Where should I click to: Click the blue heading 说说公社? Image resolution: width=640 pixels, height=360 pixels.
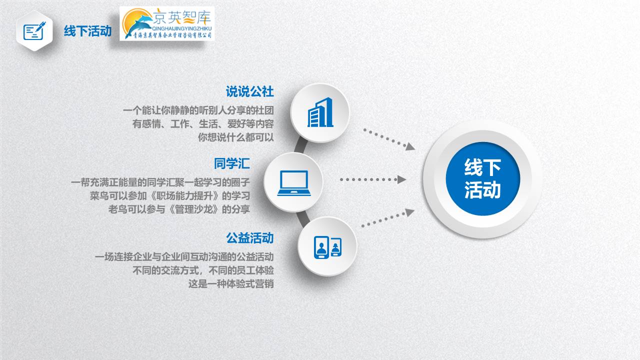(249, 91)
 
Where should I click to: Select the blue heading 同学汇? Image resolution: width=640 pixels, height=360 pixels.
(231, 163)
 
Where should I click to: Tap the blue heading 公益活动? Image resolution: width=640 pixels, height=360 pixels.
(249, 238)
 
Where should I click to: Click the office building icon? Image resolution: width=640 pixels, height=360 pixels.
(320, 112)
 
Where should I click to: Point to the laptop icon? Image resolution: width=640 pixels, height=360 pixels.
(294, 183)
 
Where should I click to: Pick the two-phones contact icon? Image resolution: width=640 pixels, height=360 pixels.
(327, 247)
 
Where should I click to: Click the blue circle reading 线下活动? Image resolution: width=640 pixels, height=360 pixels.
(482, 179)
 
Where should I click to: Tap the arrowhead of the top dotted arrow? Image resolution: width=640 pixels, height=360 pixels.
(410, 146)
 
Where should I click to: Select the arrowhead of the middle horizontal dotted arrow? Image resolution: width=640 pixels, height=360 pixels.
(401, 179)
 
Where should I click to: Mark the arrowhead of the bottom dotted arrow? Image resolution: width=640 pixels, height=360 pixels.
(409, 212)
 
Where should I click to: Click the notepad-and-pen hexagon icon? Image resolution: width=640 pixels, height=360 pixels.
(34, 31)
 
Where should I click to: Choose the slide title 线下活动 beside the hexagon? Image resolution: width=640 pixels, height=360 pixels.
(87, 31)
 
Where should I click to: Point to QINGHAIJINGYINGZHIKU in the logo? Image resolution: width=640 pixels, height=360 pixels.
(181, 28)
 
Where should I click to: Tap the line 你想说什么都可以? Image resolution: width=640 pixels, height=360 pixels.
(235, 137)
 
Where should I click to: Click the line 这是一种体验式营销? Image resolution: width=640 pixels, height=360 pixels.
(231, 283)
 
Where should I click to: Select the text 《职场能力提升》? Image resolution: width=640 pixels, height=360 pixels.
(184, 195)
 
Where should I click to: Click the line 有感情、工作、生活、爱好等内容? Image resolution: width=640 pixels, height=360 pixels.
(203, 123)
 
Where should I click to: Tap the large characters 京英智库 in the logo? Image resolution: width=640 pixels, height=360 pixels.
(182, 16)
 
